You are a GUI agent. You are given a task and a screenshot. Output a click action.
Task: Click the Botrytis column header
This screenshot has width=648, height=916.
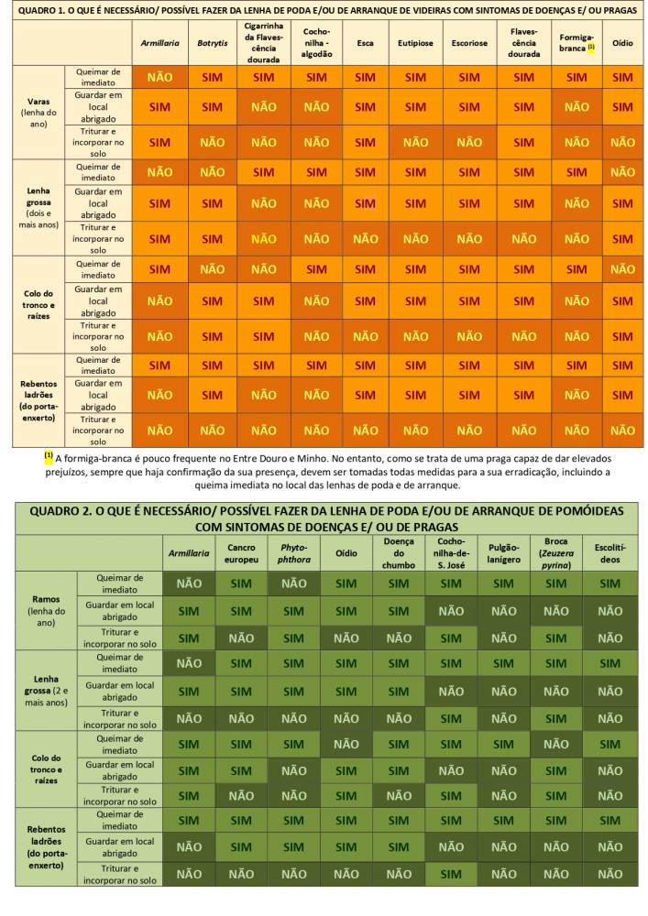[x=212, y=43]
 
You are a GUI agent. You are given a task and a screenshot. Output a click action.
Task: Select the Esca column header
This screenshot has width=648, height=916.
[x=365, y=43]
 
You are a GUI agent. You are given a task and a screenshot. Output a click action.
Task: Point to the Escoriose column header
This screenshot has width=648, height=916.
[x=469, y=43]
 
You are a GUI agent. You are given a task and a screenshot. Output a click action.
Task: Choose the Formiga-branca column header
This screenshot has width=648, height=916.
[x=577, y=43]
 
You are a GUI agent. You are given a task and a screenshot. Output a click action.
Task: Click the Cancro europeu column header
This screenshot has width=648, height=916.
[x=242, y=553]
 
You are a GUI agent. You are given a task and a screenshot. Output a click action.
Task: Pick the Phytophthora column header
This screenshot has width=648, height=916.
[x=293, y=553]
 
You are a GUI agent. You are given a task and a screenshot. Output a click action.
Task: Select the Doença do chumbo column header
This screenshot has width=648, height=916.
[x=399, y=553]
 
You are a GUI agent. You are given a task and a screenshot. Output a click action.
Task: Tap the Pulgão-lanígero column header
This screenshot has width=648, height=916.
[x=504, y=553]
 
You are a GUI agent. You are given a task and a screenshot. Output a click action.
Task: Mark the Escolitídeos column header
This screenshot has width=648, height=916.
[x=610, y=553]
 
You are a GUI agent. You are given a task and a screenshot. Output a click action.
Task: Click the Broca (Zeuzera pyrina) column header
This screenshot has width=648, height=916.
[x=556, y=553]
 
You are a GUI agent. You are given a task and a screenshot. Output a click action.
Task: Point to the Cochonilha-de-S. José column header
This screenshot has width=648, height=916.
[x=451, y=553]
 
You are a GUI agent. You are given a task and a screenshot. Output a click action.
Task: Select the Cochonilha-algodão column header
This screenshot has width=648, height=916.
[x=316, y=43]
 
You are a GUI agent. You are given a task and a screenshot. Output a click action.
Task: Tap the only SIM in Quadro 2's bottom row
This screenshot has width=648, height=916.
[x=451, y=874]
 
